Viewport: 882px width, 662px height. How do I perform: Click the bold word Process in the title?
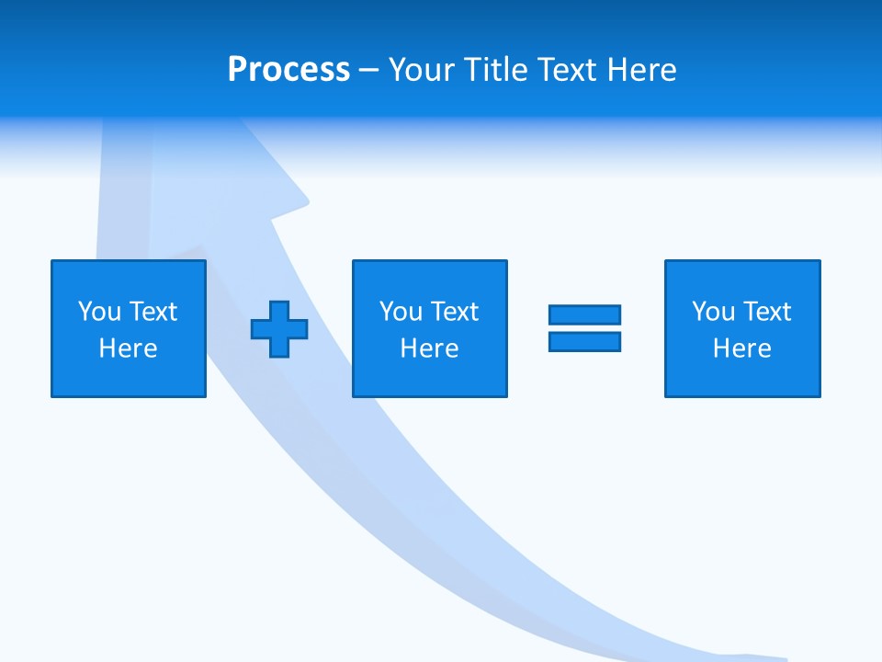click(x=288, y=70)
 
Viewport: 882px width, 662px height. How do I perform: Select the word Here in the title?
click(x=641, y=70)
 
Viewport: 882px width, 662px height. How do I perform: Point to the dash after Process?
click(x=368, y=70)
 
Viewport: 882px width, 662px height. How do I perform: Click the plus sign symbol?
click(x=279, y=328)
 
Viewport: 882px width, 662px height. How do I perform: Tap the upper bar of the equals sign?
click(x=584, y=314)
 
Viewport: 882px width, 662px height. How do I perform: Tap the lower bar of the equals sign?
click(x=584, y=341)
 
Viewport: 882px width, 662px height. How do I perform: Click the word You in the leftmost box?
click(x=99, y=312)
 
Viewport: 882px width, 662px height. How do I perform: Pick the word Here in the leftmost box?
click(x=128, y=348)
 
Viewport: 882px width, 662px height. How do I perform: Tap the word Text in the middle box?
click(x=454, y=312)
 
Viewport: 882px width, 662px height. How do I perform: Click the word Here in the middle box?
click(x=429, y=348)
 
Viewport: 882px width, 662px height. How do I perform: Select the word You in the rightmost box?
click(x=713, y=312)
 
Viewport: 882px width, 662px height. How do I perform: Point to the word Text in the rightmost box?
click(x=766, y=312)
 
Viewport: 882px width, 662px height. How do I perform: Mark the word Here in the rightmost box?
click(x=741, y=348)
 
